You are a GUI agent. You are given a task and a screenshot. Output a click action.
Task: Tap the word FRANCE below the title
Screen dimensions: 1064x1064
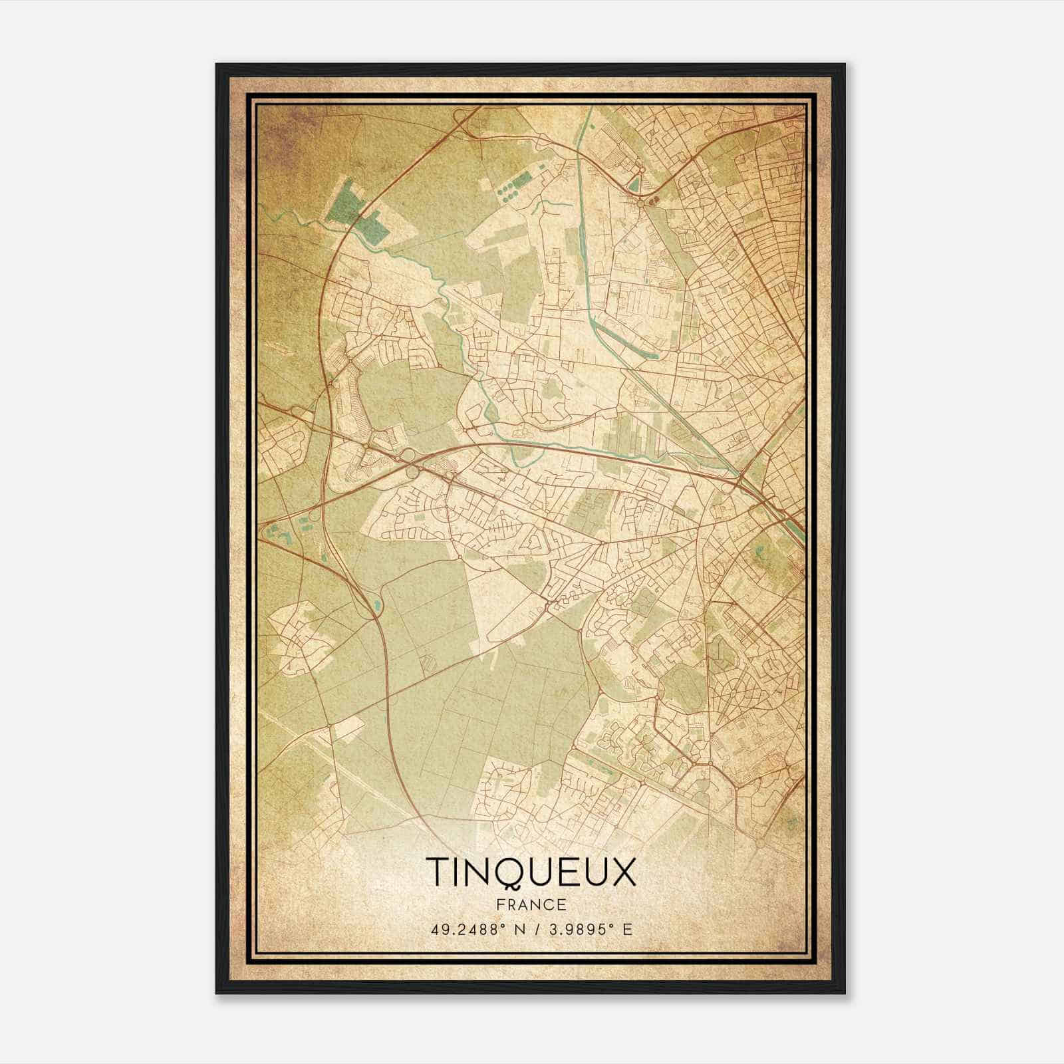[531, 905]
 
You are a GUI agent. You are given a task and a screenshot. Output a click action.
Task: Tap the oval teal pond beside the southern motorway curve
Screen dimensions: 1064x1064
[378, 605]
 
